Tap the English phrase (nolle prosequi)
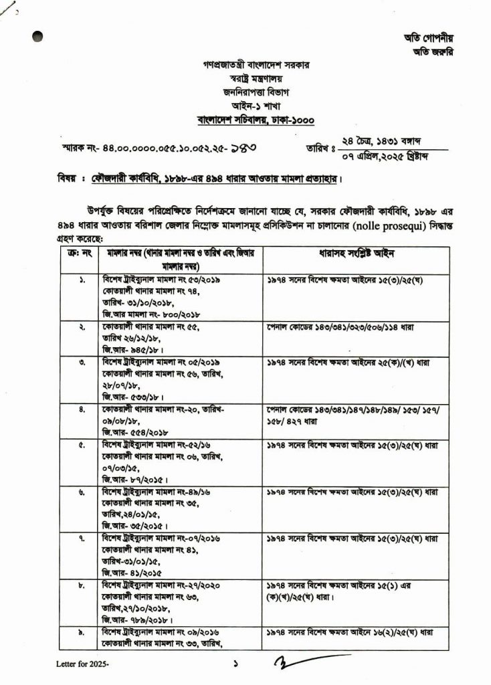click(x=378, y=228)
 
